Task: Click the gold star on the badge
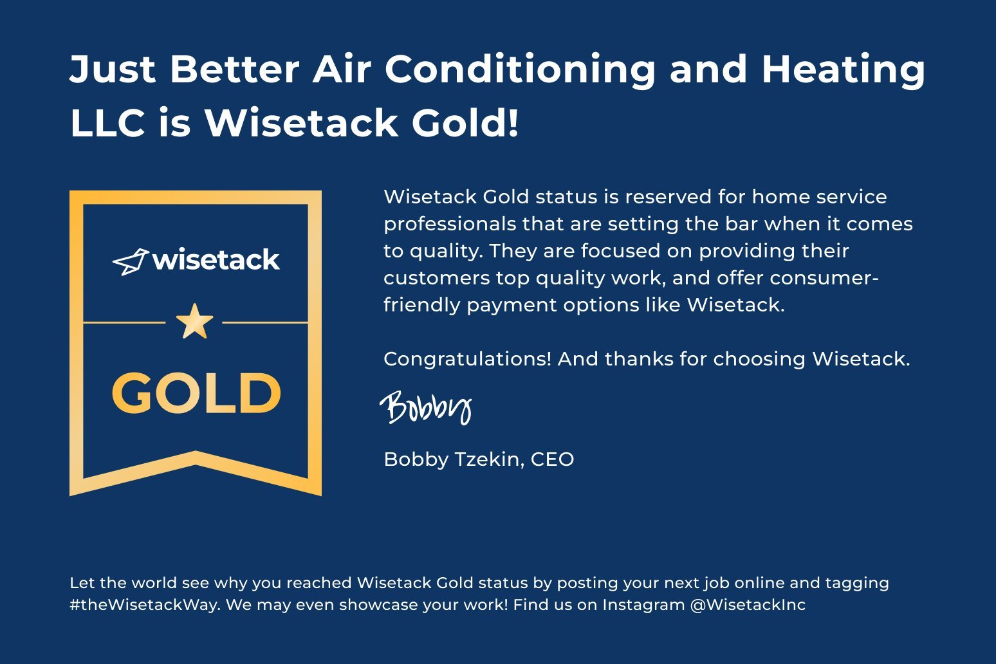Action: [x=194, y=322]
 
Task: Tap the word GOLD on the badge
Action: [x=196, y=393]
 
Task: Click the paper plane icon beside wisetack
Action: [x=131, y=261]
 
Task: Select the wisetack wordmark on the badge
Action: [x=216, y=260]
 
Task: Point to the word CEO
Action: [x=552, y=459]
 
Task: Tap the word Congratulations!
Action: [x=467, y=359]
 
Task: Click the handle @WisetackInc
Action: [x=748, y=605]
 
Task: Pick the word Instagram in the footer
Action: [x=643, y=605]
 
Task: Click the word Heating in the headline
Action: [x=843, y=69]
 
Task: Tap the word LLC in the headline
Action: [x=107, y=124]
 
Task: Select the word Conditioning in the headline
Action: [x=520, y=69]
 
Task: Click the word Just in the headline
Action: [x=113, y=69]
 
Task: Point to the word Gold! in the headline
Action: [x=465, y=124]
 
